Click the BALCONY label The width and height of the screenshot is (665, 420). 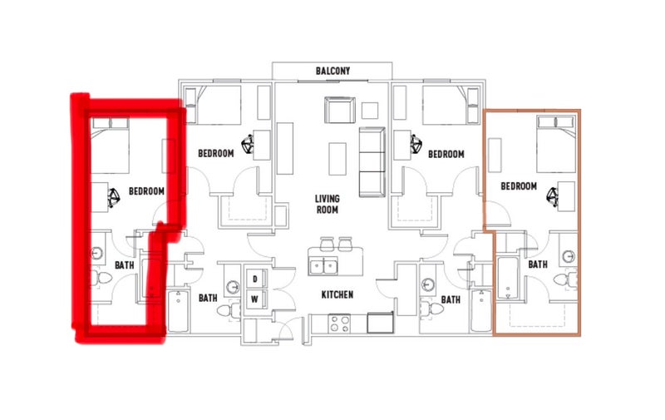[333, 71]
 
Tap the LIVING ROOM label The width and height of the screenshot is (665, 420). [327, 204]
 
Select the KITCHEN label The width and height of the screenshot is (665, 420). [337, 294]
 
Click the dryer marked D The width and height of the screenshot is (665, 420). [255, 279]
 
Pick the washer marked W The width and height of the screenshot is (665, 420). [255, 299]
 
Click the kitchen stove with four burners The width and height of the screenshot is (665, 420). [339, 324]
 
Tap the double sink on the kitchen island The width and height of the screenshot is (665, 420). [323, 267]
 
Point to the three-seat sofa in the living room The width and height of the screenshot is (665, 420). [372, 161]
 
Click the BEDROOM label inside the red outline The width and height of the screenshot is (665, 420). [146, 191]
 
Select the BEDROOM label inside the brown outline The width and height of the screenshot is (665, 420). [519, 186]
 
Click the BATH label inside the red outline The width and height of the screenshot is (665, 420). [124, 265]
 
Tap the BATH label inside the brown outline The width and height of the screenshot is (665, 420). [538, 264]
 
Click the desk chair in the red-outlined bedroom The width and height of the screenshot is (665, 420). [113, 198]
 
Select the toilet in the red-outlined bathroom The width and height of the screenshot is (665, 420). [101, 279]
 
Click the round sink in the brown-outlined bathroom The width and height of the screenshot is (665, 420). [569, 256]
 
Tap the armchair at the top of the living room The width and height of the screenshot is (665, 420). [340, 110]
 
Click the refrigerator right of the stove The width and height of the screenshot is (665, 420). [380, 323]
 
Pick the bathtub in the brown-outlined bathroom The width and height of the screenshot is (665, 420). [507, 279]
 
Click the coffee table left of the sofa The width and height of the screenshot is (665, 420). [337, 159]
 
